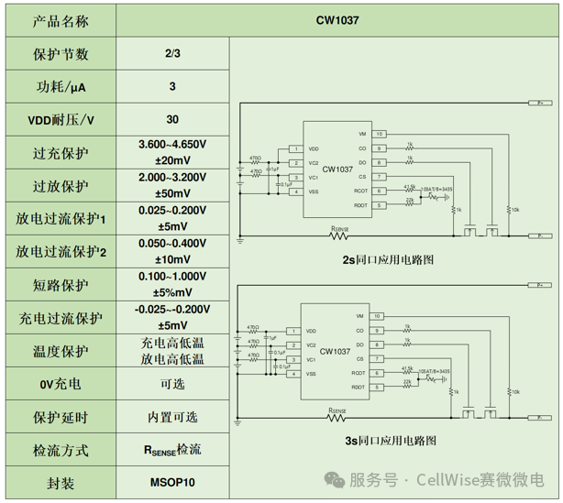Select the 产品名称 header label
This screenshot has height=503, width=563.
coord(61,19)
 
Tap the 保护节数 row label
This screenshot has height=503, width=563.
coord(61,54)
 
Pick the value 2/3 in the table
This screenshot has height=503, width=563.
coord(172,54)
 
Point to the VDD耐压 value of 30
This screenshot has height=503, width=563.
coord(172,120)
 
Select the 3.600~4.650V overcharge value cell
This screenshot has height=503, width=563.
coord(172,152)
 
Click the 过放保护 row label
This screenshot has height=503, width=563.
coord(61,186)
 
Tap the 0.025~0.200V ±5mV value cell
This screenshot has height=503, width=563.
coord(172,218)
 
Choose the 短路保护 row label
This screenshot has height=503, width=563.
coord(61,285)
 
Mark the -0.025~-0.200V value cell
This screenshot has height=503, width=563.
coord(172,317)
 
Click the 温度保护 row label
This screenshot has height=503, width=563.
coord(61,351)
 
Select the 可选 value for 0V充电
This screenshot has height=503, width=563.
coord(172,384)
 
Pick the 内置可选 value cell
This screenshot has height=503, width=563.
coord(172,417)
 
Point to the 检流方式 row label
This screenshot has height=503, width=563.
coord(61,450)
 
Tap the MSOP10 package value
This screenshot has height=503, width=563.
coord(172,482)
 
